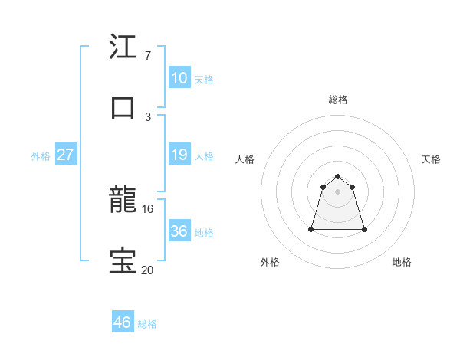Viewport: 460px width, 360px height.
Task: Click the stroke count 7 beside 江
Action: pyautogui.click(x=147, y=55)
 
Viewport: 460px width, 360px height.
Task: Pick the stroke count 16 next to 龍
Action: pyautogui.click(x=148, y=208)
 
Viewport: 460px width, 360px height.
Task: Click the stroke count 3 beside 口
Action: pyautogui.click(x=147, y=116)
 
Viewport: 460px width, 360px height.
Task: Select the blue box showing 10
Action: pyautogui.click(x=179, y=78)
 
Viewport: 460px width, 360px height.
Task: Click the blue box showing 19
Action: pyautogui.click(x=179, y=155)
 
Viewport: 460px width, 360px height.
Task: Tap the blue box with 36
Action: pyautogui.click(x=179, y=231)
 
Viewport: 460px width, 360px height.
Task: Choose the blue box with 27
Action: pyautogui.click(x=65, y=155)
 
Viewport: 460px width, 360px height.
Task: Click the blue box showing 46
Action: pyautogui.click(x=122, y=322)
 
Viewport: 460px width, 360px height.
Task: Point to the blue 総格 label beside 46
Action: pyautogui.click(x=147, y=324)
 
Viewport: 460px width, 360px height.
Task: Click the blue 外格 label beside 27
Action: pyautogui.click(x=41, y=156)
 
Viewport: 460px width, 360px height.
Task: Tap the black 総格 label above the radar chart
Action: pyautogui.click(x=338, y=100)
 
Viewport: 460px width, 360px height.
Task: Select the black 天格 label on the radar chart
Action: pyautogui.click(x=432, y=159)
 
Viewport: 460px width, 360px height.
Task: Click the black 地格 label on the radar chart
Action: pyautogui.click(x=402, y=262)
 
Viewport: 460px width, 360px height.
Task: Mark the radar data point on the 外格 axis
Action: pyautogui.click(x=312, y=229)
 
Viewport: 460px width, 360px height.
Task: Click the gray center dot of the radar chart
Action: pyautogui.click(x=338, y=191)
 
